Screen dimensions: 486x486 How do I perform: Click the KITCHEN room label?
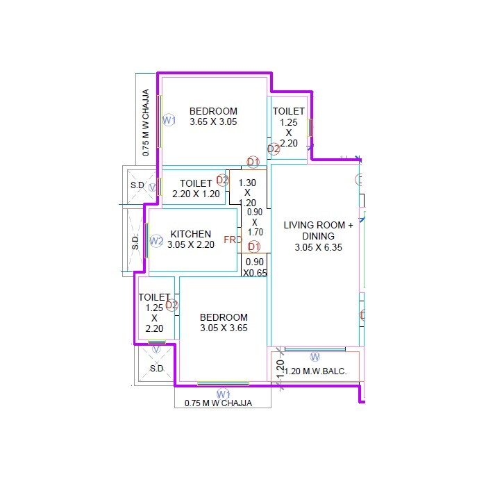point(190,234)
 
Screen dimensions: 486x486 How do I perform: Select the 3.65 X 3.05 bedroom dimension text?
point(213,121)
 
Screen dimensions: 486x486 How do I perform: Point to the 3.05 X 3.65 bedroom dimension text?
point(224,328)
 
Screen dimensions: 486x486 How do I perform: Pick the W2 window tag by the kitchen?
point(156,242)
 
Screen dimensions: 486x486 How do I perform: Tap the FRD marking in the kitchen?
point(233,240)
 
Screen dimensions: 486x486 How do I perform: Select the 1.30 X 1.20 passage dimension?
point(247,193)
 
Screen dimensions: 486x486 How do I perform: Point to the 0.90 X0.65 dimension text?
point(254,267)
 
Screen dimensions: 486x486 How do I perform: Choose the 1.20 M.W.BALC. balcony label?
point(320,371)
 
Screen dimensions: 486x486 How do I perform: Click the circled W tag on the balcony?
point(315,357)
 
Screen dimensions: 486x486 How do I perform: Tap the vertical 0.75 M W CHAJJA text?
point(146,121)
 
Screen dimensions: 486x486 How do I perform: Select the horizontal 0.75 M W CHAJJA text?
point(218,403)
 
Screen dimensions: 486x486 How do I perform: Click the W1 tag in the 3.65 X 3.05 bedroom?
point(169,120)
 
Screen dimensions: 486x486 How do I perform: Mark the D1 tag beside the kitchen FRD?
point(253,246)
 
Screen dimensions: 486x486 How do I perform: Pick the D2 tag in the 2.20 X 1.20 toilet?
point(222,180)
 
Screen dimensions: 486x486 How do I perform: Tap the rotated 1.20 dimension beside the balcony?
point(280,369)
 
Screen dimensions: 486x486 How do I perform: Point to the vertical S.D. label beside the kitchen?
point(135,242)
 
